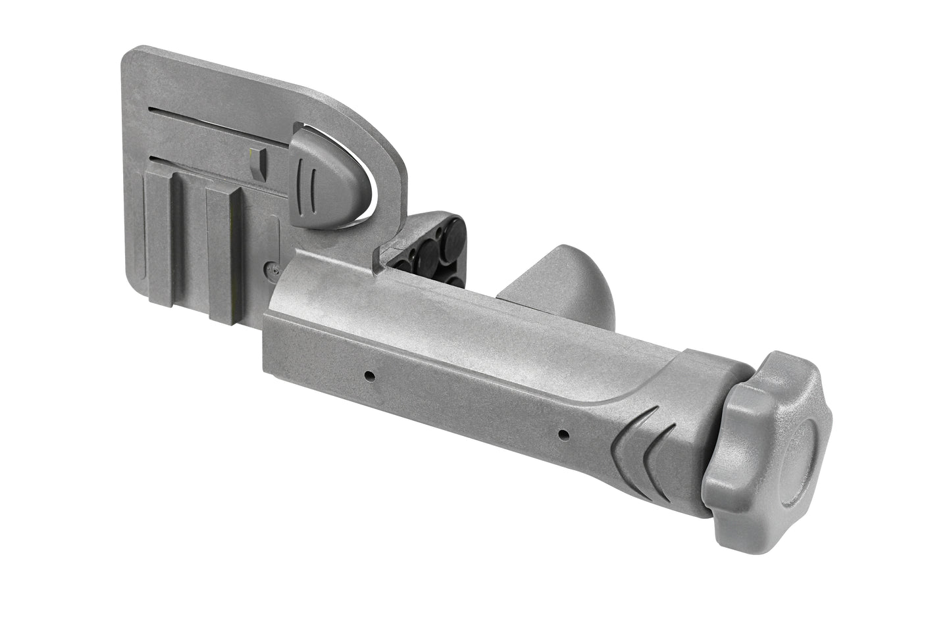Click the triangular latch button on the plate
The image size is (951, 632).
(x=322, y=179)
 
